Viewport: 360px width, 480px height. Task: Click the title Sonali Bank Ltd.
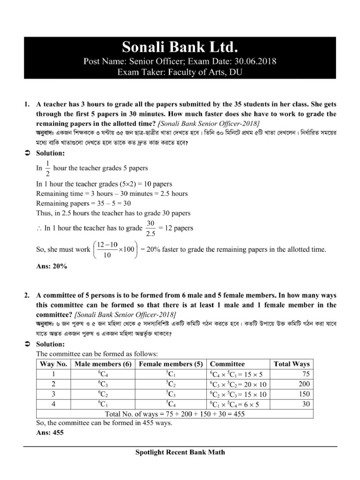click(180, 47)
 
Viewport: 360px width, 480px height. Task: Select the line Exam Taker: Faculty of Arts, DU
click(180, 71)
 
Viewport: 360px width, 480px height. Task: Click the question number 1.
click(27, 103)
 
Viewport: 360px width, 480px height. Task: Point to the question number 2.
click(27, 295)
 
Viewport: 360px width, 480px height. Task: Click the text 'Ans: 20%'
click(52, 266)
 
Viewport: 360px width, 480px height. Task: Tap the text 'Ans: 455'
click(50, 433)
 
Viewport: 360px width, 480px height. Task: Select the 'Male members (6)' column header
click(102, 364)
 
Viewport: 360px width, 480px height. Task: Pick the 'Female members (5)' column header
click(171, 364)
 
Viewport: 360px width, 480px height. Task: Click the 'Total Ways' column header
click(292, 364)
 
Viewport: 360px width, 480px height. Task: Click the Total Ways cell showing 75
click(305, 374)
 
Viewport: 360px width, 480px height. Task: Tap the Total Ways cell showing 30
click(305, 404)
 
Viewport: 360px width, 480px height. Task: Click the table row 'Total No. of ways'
click(174, 414)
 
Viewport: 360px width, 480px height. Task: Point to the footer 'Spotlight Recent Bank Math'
click(180, 452)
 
